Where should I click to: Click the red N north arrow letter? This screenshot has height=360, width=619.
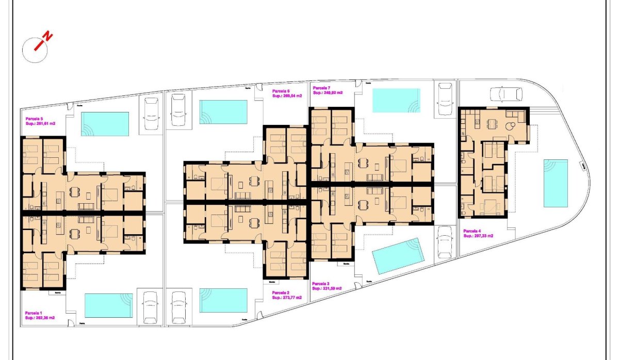(x=47, y=37)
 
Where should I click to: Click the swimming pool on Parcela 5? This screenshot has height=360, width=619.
(x=105, y=124)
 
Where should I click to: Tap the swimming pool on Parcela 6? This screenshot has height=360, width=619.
(x=223, y=112)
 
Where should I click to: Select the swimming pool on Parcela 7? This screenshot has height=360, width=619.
(x=396, y=100)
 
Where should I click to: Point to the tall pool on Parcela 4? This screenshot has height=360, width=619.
(x=556, y=183)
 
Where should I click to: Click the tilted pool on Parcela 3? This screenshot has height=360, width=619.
(x=398, y=256)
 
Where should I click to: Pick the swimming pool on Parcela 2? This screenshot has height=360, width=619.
(x=223, y=300)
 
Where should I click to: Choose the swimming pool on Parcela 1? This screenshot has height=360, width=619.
(x=108, y=306)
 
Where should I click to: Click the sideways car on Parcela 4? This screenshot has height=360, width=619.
(x=506, y=94)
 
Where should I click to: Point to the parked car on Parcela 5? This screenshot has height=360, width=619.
(x=151, y=113)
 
